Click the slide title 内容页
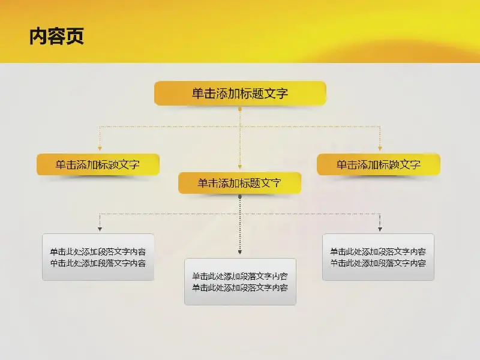(56, 37)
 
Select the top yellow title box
(240, 94)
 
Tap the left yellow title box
(98, 164)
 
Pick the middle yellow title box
(239, 183)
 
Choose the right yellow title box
(379, 164)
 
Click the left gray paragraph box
(98, 257)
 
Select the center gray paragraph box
(240, 281)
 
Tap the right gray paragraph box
(378, 257)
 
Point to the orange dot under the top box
(240, 109)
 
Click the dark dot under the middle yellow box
(240, 197)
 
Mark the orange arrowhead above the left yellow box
(100, 148)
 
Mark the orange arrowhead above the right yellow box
(380, 148)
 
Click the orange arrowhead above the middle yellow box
(240, 167)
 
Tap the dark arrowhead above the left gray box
(100, 229)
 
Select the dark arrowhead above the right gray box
(380, 229)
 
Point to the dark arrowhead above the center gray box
(240, 252)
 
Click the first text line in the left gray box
(98, 251)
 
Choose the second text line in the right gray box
(378, 263)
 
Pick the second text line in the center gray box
(240, 287)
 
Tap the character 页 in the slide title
(75, 37)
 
